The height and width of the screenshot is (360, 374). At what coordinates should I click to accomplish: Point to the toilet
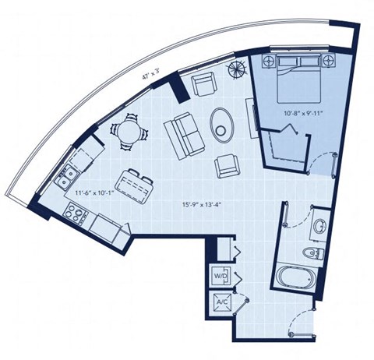pyautogui.click(x=319, y=253)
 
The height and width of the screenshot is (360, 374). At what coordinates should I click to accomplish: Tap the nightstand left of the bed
pyautogui.click(x=270, y=62)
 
